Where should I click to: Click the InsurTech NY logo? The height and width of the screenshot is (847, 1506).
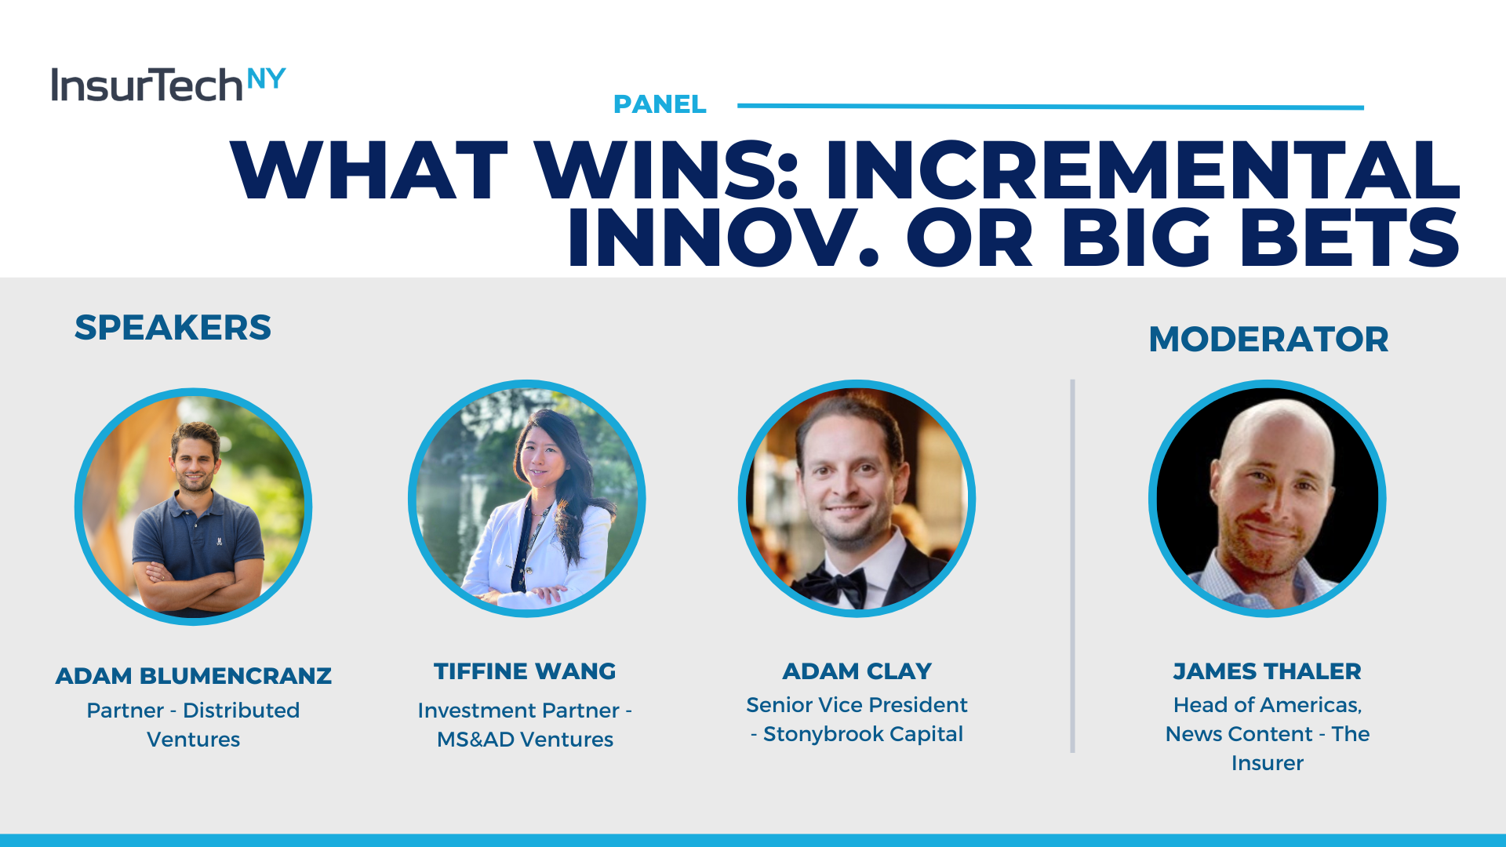168,84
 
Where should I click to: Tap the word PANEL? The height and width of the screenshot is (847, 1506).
660,104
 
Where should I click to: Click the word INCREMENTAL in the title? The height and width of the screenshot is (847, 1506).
1142,170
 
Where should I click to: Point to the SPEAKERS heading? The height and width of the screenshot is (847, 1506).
173,328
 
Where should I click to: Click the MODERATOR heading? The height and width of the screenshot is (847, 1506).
1268,340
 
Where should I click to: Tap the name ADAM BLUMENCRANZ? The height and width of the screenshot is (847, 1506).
194,676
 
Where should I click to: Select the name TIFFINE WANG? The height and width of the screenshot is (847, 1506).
525,671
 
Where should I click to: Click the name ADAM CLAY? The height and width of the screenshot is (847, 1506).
857,671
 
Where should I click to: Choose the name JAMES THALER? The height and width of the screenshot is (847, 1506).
1267,671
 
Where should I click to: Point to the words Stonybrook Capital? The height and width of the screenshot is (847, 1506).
863,734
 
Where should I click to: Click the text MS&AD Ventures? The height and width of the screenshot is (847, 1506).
525,740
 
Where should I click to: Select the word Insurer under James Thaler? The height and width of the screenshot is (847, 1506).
1268,763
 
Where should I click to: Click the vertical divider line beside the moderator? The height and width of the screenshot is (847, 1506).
1072,566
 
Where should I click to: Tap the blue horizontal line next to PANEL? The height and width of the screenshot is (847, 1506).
1050,106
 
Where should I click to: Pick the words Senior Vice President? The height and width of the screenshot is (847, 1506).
857,705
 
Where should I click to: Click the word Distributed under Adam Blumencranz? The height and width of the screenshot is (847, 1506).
241,711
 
